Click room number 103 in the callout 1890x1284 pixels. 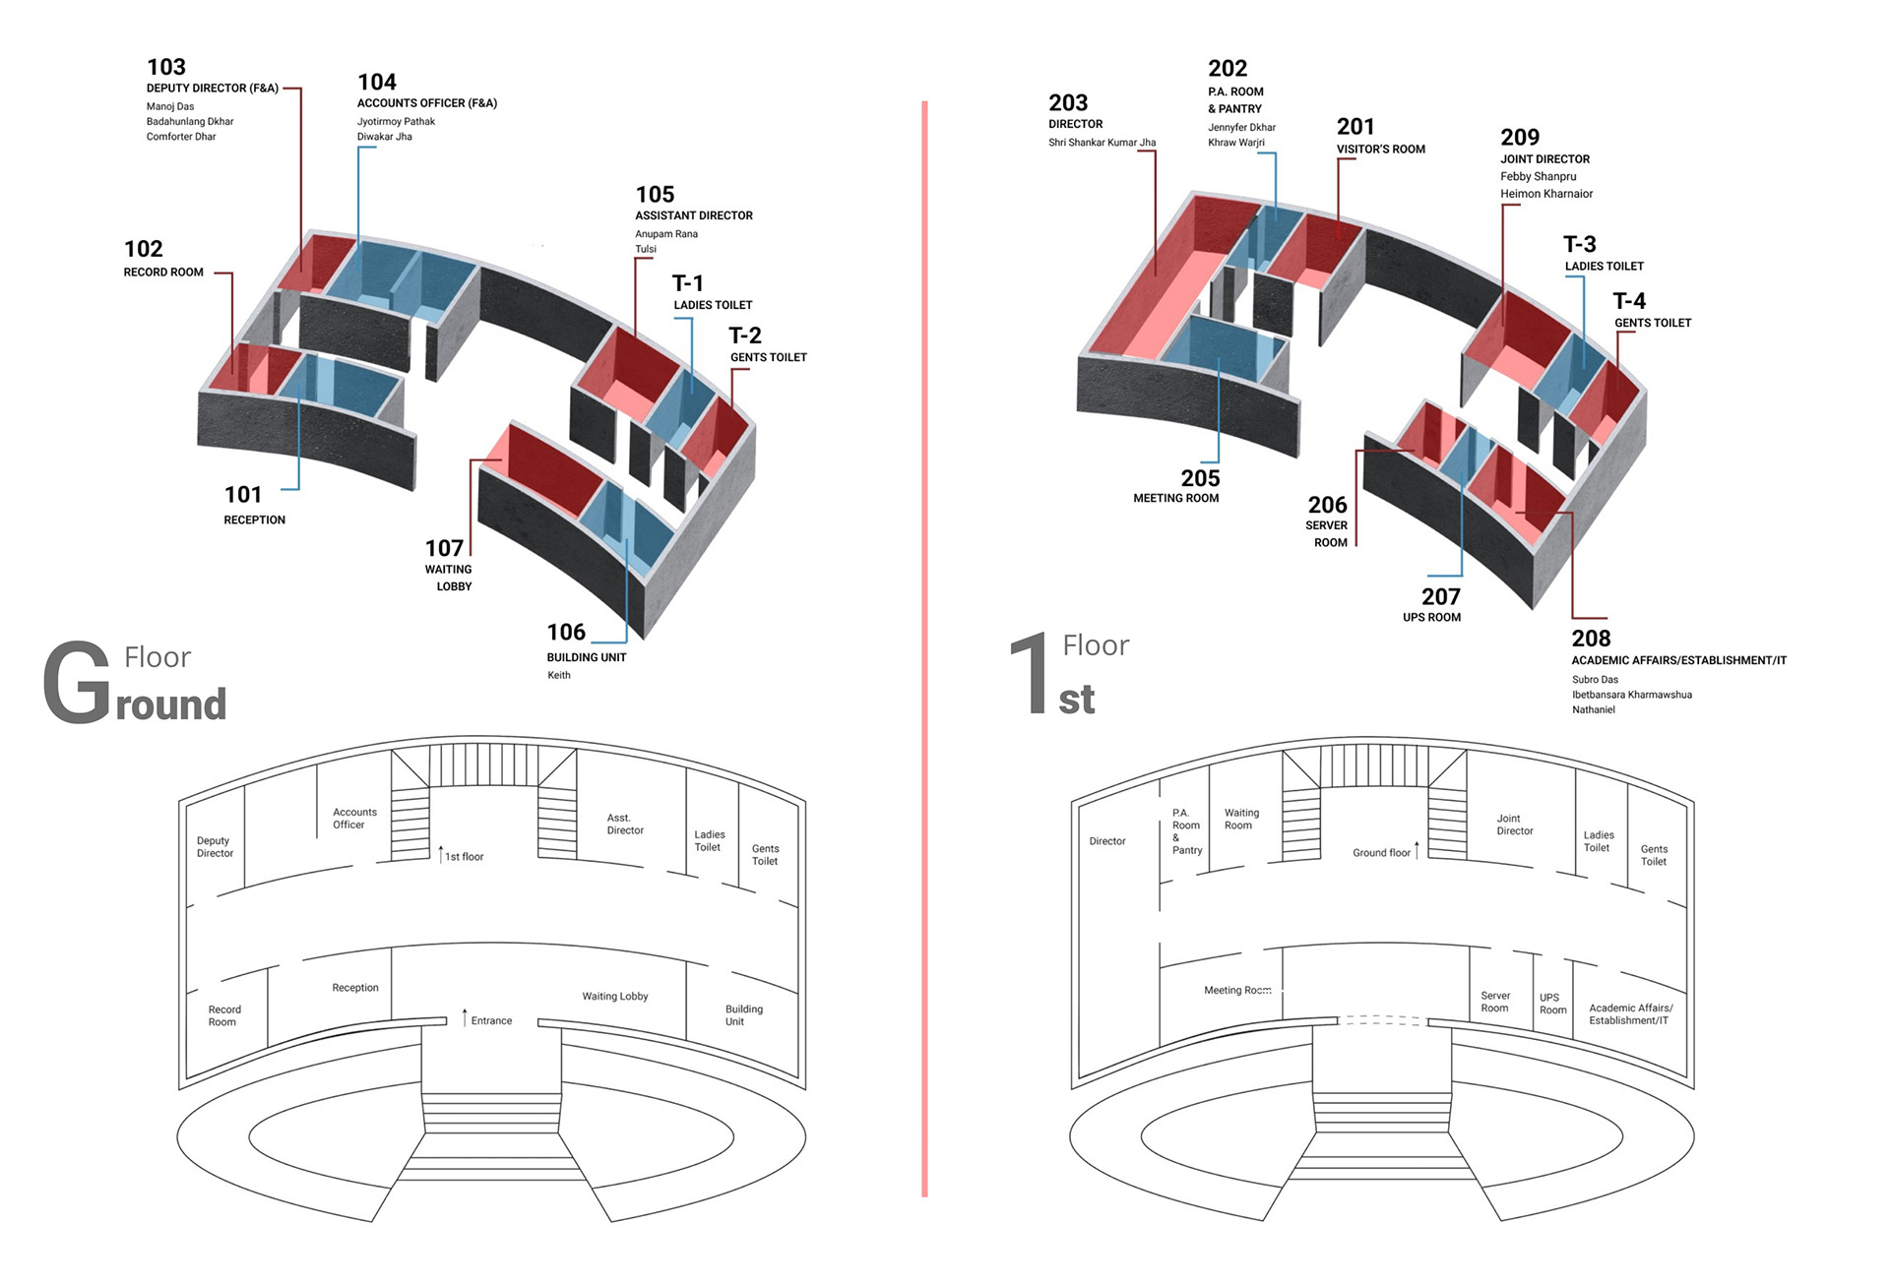tap(166, 67)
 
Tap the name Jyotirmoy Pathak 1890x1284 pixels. tap(396, 122)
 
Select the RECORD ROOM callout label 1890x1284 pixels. tap(163, 273)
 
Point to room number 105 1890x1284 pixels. tap(655, 195)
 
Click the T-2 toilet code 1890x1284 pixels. tap(745, 336)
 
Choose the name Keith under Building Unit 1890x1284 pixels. tap(559, 675)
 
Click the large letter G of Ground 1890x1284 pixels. tap(77, 682)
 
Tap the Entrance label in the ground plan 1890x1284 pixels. tap(491, 1021)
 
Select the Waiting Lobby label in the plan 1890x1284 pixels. tap(615, 997)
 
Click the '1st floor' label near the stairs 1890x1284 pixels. tap(464, 857)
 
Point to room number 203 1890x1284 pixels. tap(1068, 103)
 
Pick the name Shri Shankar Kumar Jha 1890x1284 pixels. tap(1102, 143)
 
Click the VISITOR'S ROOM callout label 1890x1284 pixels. tap(1380, 150)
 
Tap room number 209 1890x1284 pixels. tap(1520, 138)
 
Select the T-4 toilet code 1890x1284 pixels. tap(1629, 301)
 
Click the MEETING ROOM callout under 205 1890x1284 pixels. tap(1175, 499)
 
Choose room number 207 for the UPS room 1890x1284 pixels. tap(1440, 596)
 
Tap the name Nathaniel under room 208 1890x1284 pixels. tap(1593, 710)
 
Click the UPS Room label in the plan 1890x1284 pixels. tap(1552, 1004)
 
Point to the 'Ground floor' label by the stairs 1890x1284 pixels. tap(1381, 853)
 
